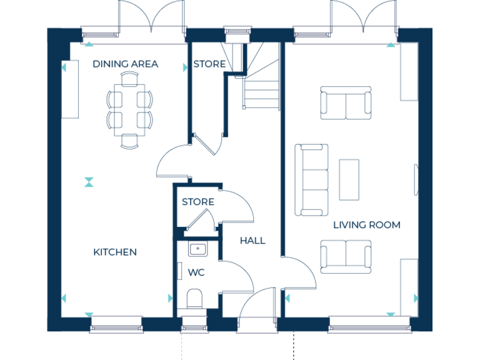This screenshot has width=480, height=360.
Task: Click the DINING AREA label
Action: tap(125, 64)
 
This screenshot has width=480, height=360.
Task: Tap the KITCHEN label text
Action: tap(115, 252)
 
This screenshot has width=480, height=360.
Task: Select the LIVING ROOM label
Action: tap(366, 224)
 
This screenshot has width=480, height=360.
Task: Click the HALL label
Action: tap(252, 240)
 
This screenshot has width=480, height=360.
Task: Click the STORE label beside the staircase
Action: tap(209, 64)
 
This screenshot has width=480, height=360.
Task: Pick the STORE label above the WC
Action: tap(198, 202)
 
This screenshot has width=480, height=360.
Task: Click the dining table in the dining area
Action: tap(129, 109)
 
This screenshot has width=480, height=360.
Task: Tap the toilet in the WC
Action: tap(194, 298)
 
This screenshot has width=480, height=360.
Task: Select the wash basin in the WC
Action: tap(198, 249)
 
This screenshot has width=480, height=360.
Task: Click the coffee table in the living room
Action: tap(349, 180)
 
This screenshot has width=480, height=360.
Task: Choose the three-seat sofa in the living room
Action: tap(312, 179)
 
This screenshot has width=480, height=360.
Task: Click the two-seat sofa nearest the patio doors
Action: tap(344, 104)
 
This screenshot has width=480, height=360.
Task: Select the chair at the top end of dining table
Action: tap(129, 78)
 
